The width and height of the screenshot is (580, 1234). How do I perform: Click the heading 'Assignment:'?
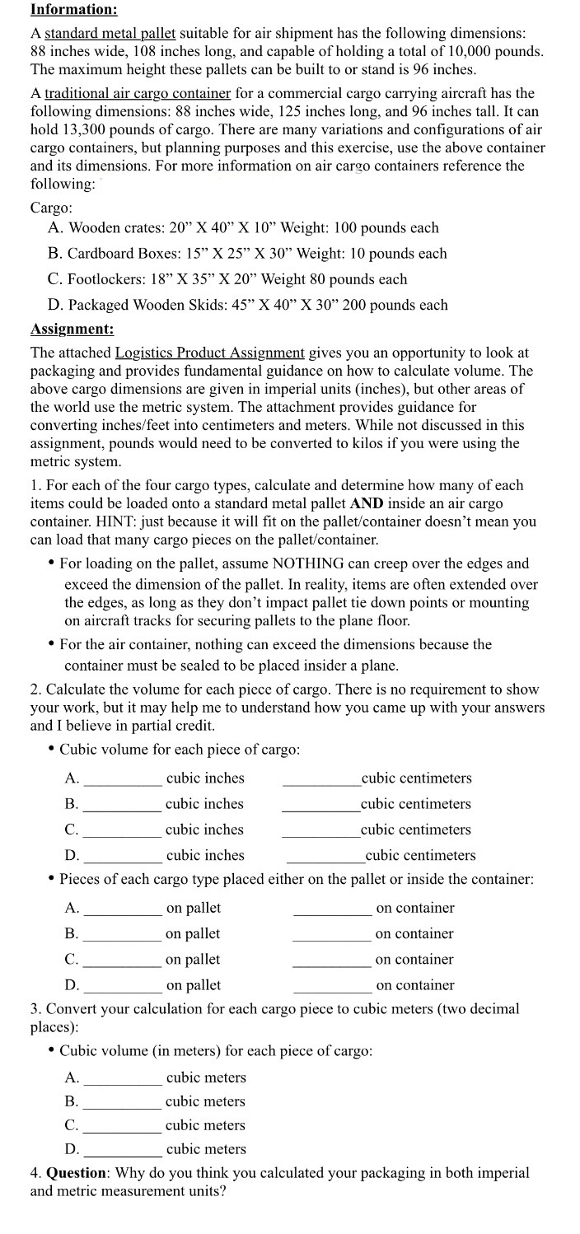tap(72, 330)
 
